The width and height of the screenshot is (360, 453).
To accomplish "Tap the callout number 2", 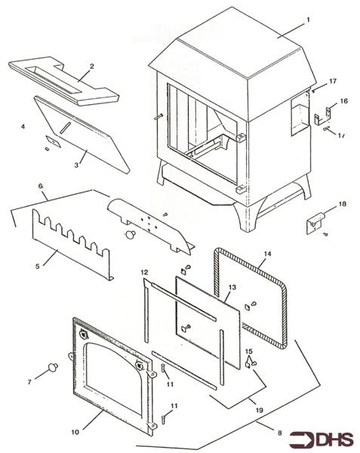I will (91, 66).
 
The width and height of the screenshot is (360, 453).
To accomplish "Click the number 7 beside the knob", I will (30, 382).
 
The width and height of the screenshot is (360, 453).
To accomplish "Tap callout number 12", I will (143, 271).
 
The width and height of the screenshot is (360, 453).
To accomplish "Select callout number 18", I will (341, 205).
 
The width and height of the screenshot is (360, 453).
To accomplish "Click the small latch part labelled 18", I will (315, 222).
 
